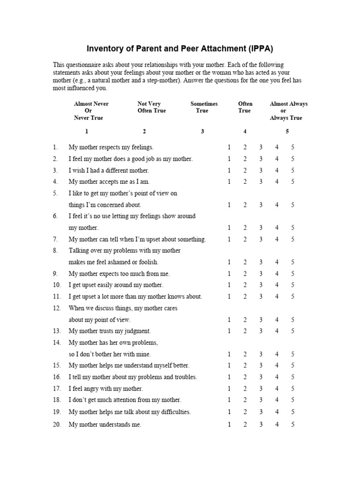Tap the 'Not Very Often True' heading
pos(151,107)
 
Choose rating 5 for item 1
pos(292,147)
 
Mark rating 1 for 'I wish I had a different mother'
pos(229,170)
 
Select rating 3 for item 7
pos(261,239)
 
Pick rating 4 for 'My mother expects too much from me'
pos(277,274)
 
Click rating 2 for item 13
pos(245,331)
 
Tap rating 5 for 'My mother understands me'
pos(292,425)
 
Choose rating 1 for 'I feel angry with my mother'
pos(229,389)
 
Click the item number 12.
pos(57,308)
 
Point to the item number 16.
pos(57,377)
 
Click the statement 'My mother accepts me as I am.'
pos(109,182)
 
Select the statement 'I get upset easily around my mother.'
pos(116,285)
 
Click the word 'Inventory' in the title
pos(103,49)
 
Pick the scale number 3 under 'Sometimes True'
pos(202,131)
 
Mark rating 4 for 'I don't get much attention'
pos(277,400)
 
